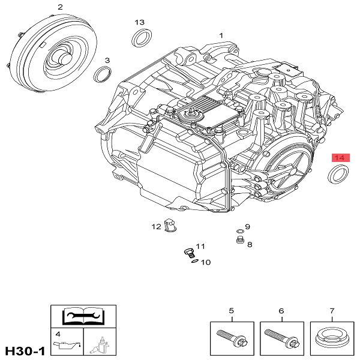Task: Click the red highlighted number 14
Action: pos(340,158)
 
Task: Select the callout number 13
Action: pos(139,22)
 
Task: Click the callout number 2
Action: pos(60,7)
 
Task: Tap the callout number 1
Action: pos(221,35)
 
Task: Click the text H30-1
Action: pos(25,350)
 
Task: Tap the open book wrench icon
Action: pos(83,315)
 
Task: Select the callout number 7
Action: pos(332,311)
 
